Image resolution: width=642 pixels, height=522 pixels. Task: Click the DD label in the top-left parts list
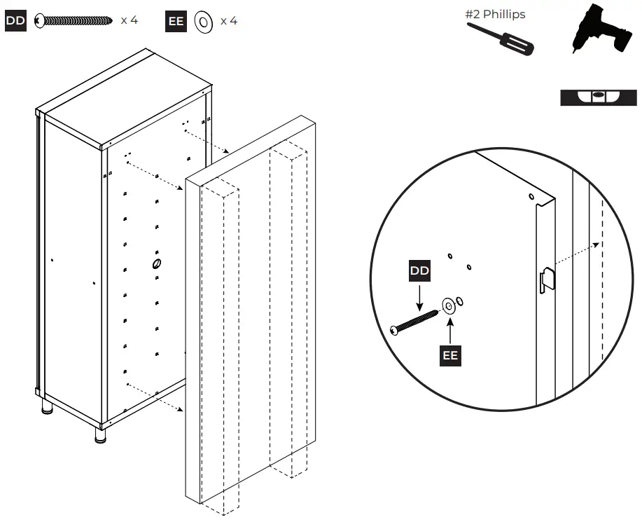tap(15, 21)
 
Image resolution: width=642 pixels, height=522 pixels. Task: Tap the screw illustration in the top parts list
tap(74, 20)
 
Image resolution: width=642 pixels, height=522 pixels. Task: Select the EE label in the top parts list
tap(176, 21)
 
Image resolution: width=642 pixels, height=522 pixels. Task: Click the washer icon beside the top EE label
tap(204, 21)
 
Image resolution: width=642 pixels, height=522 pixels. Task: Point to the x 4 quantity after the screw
tap(129, 20)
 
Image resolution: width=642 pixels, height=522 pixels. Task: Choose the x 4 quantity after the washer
tap(228, 21)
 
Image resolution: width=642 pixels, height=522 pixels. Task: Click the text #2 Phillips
tap(495, 14)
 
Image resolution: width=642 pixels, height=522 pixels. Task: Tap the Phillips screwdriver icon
tap(500, 39)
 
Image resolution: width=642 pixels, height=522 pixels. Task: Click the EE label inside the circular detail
tap(450, 355)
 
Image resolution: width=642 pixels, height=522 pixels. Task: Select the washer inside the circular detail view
tap(447, 305)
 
